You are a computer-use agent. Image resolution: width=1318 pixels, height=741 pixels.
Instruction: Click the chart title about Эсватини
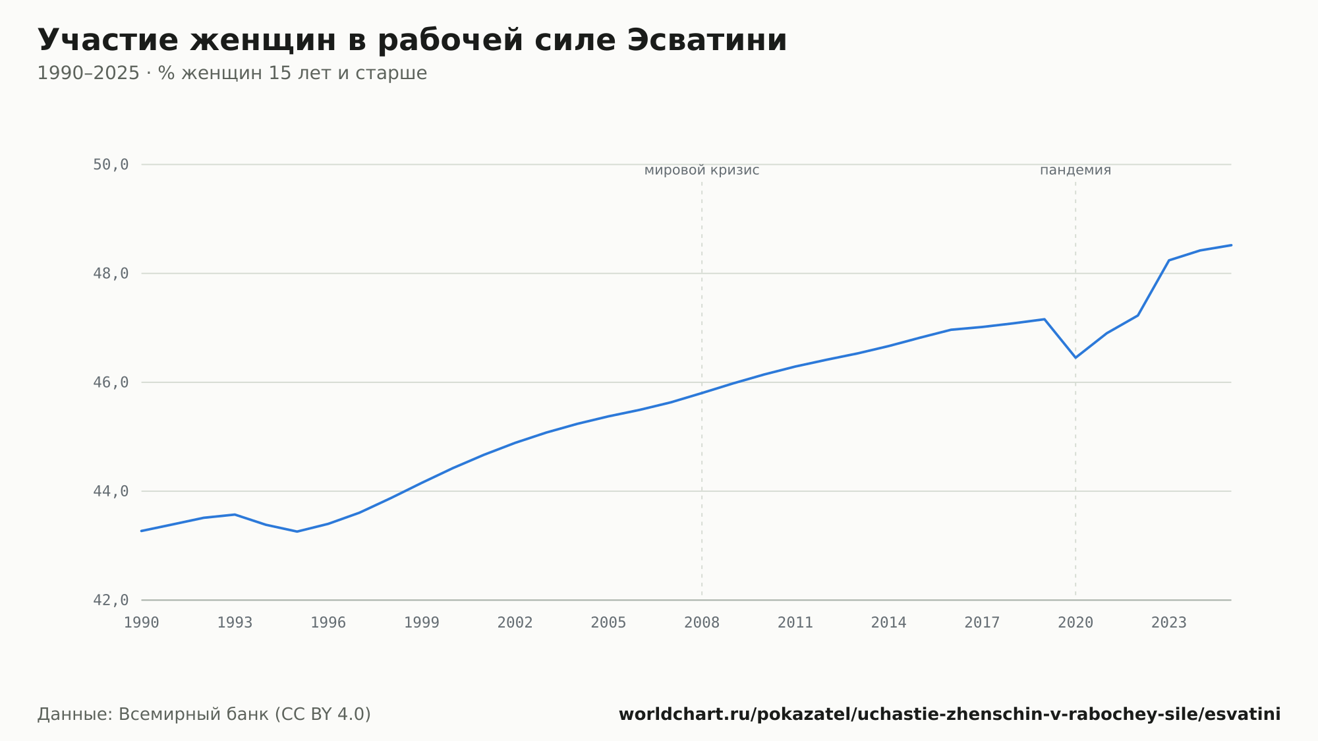pyautogui.click(x=412, y=40)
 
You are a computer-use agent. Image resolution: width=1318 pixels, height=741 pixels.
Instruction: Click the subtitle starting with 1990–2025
pyautogui.click(x=232, y=73)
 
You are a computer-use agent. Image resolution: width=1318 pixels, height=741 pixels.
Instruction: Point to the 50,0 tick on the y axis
pyautogui.click(x=111, y=165)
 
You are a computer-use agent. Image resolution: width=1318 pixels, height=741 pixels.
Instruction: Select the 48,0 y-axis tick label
pyautogui.click(x=111, y=274)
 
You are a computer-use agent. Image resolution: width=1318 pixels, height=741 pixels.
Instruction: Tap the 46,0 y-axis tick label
pyautogui.click(x=111, y=382)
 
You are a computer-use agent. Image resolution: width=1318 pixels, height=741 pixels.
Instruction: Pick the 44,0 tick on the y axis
pyautogui.click(x=111, y=491)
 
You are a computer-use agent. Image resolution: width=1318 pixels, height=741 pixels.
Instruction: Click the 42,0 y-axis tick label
pyautogui.click(x=111, y=600)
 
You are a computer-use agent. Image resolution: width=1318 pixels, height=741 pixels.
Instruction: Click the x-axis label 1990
pyautogui.click(x=142, y=623)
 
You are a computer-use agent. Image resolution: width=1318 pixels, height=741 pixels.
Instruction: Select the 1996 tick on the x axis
pyautogui.click(x=328, y=623)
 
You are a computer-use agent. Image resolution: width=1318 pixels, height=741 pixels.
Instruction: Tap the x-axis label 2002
pyautogui.click(x=515, y=623)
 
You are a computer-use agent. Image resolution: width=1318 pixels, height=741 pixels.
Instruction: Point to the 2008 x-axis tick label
pyautogui.click(x=702, y=623)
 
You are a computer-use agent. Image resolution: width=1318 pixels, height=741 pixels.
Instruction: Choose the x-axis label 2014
pyautogui.click(x=889, y=623)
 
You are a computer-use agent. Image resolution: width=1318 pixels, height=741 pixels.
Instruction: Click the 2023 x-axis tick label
pyautogui.click(x=1169, y=623)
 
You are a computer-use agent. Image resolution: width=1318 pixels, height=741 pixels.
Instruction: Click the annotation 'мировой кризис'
pyautogui.click(x=702, y=171)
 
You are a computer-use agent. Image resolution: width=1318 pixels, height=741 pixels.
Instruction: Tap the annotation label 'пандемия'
pyautogui.click(x=1075, y=171)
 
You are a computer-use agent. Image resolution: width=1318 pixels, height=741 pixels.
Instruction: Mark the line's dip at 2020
pyautogui.click(x=1075, y=357)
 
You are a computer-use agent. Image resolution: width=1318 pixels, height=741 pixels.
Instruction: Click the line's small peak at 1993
pyautogui.click(x=235, y=514)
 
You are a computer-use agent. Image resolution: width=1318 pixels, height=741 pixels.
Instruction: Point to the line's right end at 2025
pyautogui.click(x=1231, y=245)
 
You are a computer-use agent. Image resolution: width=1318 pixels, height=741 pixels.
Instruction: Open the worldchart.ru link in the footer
pyautogui.click(x=950, y=715)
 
